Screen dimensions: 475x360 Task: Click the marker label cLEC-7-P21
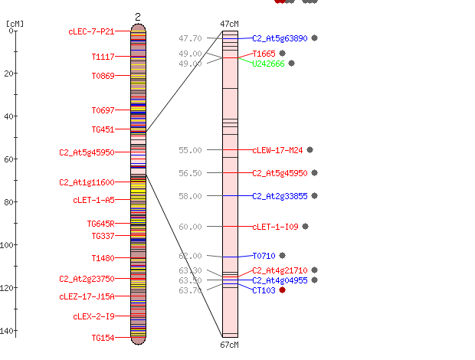91,31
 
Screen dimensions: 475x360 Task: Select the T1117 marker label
103,57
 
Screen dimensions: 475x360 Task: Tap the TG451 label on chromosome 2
103,129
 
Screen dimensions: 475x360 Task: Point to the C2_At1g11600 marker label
87,182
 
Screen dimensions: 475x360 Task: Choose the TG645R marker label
101,224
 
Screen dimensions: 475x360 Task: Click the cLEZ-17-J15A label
87,296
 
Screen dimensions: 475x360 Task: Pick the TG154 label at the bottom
103,338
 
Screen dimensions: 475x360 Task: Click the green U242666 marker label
268,64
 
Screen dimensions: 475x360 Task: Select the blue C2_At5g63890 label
280,38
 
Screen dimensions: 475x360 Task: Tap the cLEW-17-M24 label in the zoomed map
277,150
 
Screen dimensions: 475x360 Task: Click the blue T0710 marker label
264,256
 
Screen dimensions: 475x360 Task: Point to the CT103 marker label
264,290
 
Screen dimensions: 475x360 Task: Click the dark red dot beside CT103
283,290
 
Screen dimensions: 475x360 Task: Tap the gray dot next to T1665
283,54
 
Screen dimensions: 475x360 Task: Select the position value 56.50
190,173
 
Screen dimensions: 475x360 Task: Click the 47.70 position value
190,38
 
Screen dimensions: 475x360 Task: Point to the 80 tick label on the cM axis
8,202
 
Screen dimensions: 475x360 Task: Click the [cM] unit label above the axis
15,24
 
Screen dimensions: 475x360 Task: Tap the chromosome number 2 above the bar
138,18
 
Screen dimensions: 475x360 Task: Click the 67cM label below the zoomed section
229,345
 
